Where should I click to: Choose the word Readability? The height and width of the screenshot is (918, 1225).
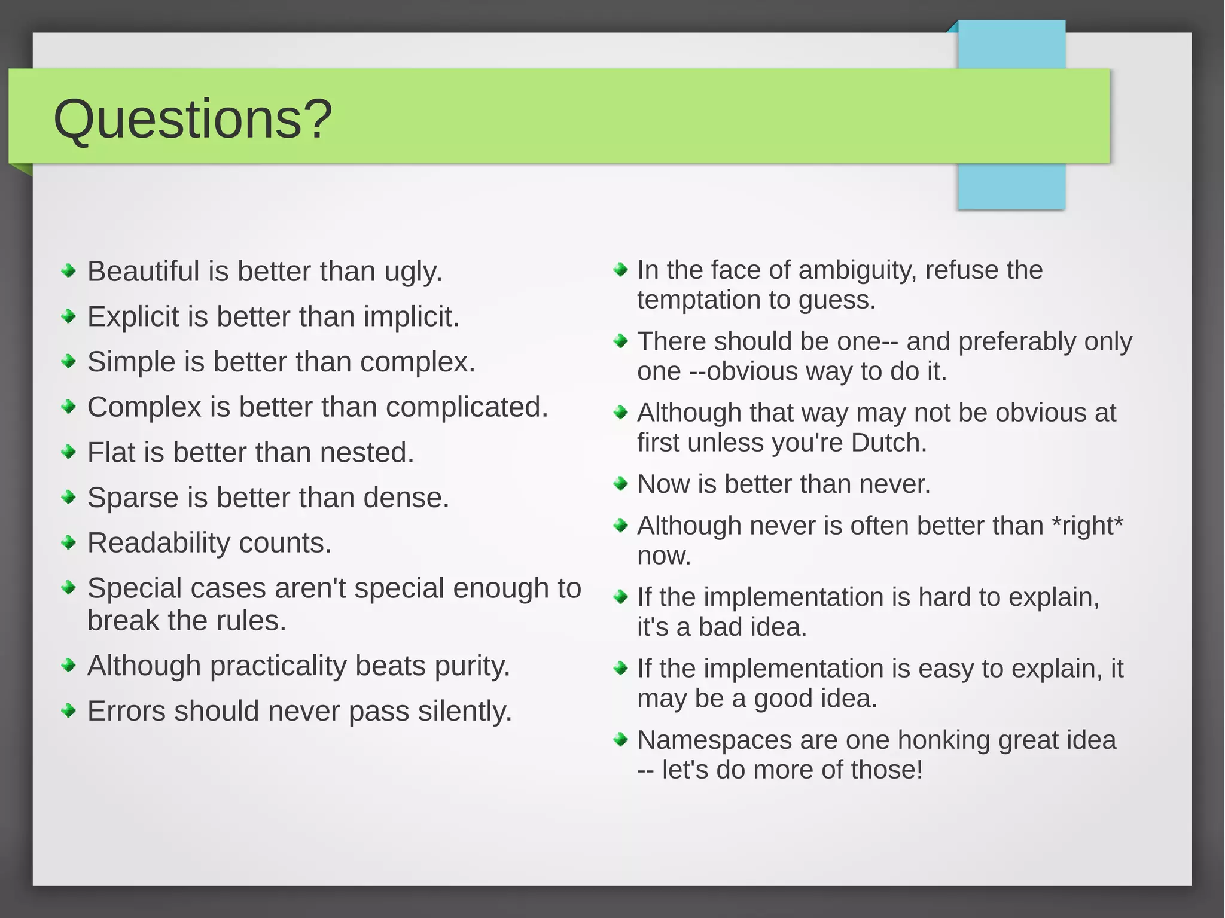159,543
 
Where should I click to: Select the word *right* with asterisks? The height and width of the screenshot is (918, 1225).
1087,526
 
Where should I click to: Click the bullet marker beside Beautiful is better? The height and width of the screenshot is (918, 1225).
69,271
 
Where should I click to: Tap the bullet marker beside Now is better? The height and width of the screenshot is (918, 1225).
621,483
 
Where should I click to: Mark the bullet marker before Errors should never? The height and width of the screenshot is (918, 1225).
69,711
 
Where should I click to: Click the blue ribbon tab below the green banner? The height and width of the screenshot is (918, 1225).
1011,186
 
